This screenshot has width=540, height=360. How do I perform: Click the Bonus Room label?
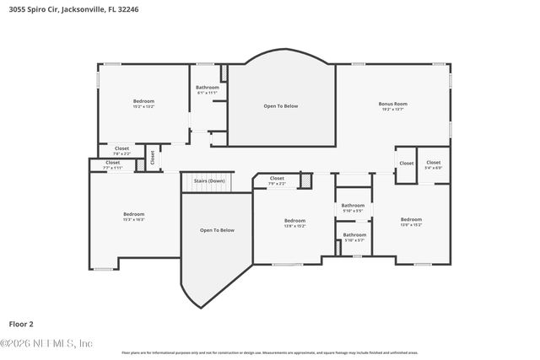(392, 106)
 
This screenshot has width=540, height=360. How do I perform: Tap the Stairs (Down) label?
(209, 180)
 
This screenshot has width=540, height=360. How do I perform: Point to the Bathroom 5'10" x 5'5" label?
(353, 207)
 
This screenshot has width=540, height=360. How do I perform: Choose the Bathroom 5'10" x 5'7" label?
(354, 237)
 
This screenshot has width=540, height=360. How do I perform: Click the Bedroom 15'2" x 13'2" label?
(143, 104)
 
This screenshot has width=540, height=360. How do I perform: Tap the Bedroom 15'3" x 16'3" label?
(134, 216)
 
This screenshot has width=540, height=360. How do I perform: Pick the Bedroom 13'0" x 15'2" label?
(411, 222)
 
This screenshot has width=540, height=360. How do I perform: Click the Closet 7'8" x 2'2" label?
(121, 150)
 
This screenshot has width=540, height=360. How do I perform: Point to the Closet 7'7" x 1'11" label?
(112, 165)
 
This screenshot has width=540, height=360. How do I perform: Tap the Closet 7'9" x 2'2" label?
(277, 180)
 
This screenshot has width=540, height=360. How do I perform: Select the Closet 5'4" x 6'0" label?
(433, 164)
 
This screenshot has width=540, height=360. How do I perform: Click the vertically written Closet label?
(153, 157)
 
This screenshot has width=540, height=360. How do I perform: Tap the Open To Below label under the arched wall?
(281, 106)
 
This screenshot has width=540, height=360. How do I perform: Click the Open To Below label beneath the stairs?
(217, 230)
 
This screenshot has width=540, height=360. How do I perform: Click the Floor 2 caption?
(21, 324)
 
